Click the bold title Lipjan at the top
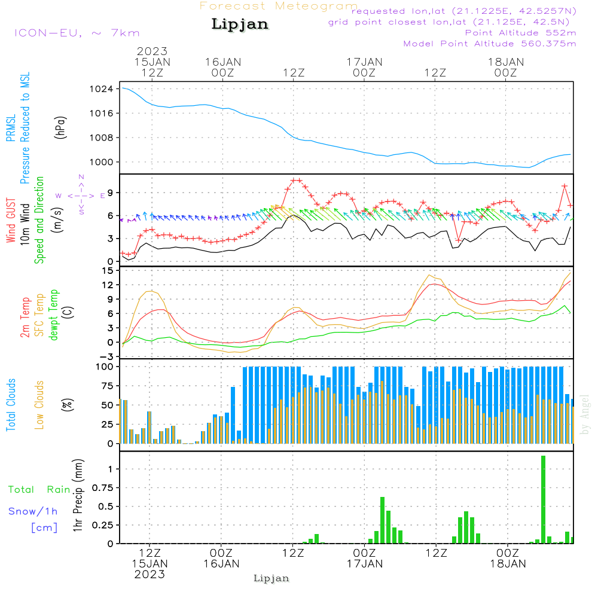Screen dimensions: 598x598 click(240, 25)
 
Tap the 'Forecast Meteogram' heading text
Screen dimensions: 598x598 click(279, 6)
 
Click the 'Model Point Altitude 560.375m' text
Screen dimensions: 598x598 click(490, 44)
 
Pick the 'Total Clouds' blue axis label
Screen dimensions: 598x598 click(11, 405)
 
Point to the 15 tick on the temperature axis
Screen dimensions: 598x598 click(108, 270)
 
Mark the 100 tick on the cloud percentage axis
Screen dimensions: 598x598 click(105, 367)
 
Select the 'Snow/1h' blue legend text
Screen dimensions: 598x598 click(33, 511)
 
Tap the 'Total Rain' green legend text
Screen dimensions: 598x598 click(39, 490)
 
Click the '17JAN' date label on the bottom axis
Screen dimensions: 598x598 click(365, 563)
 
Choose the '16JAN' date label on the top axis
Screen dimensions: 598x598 click(222, 62)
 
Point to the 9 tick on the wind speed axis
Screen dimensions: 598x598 click(109, 193)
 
